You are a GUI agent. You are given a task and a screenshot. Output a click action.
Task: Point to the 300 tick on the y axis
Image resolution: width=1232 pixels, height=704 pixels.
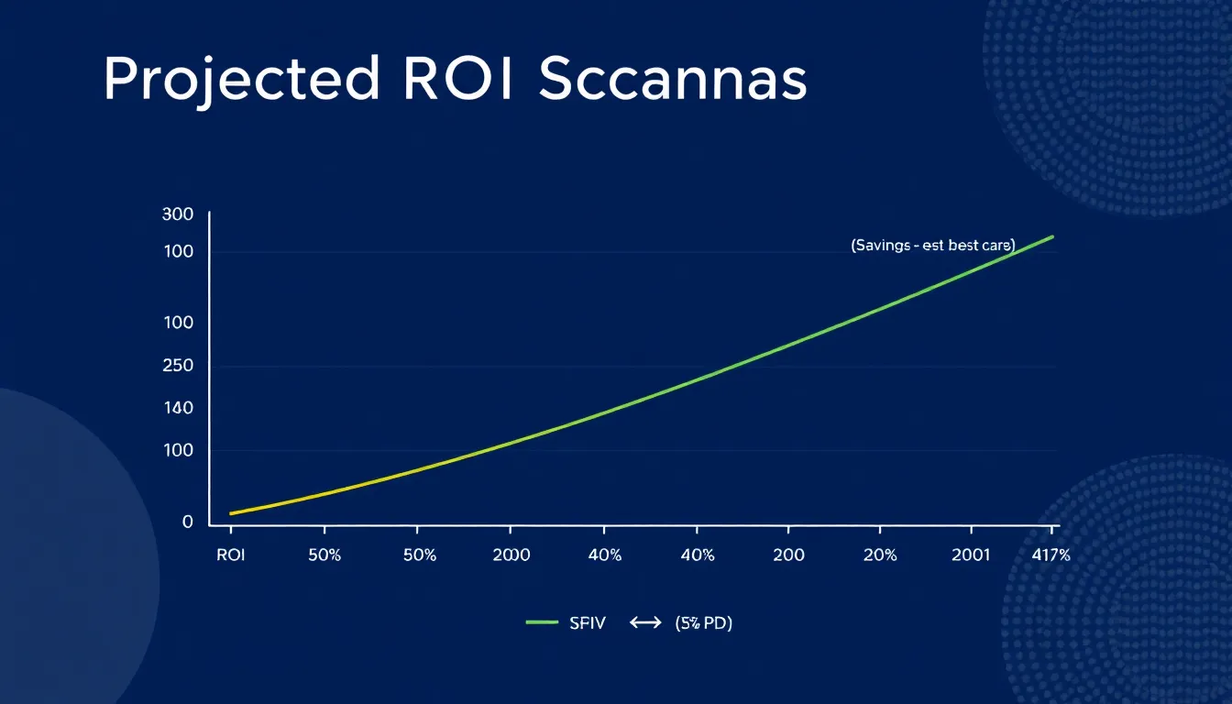[177, 214]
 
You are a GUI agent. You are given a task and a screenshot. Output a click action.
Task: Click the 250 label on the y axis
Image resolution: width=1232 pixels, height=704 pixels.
[177, 366]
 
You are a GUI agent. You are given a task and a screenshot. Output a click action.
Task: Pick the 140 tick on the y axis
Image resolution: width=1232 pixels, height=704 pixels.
[177, 408]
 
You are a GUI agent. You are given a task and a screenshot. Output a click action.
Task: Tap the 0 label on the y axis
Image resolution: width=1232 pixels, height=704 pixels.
[188, 522]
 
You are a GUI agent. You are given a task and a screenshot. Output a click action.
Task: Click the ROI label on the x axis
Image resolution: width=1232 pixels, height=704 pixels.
[231, 555]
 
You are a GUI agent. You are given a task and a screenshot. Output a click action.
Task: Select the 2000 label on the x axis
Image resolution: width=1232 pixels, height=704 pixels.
[511, 555]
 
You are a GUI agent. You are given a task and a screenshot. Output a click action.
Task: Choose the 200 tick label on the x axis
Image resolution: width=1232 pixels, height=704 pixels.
[788, 555]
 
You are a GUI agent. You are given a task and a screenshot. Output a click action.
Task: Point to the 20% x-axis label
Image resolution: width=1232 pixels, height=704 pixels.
[880, 555]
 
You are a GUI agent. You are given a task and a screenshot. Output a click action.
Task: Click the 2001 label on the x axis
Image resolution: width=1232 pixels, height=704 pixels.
[970, 555]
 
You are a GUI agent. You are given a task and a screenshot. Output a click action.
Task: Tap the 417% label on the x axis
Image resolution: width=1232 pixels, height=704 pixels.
[1050, 555]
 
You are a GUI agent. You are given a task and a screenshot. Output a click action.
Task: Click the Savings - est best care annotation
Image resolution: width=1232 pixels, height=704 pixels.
[932, 246]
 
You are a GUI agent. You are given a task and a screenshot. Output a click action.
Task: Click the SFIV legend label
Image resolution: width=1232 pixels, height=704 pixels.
[587, 623]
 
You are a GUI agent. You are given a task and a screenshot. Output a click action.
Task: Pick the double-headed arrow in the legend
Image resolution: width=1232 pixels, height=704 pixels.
[645, 623]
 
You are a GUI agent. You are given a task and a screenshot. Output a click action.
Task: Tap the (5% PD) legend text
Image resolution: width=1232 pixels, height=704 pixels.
[703, 623]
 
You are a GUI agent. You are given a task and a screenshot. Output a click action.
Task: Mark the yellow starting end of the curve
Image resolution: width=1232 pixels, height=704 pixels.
[233, 512]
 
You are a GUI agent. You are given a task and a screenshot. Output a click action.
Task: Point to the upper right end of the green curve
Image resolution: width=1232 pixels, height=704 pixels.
[1051, 236]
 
